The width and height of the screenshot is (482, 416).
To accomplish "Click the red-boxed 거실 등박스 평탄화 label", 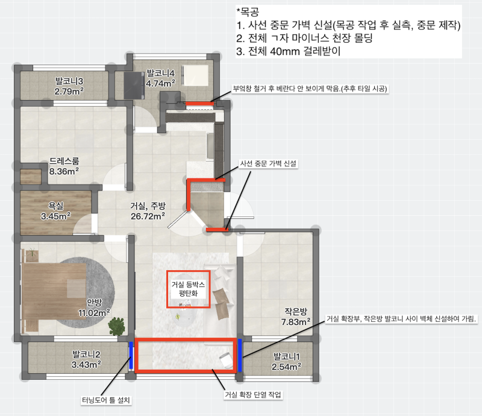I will point(188,288).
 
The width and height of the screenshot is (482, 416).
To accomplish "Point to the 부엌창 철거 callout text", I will point(310,89).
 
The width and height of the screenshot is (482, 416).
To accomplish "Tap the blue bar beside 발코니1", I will point(240,355).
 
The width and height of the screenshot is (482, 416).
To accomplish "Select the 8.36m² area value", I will point(64,172).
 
